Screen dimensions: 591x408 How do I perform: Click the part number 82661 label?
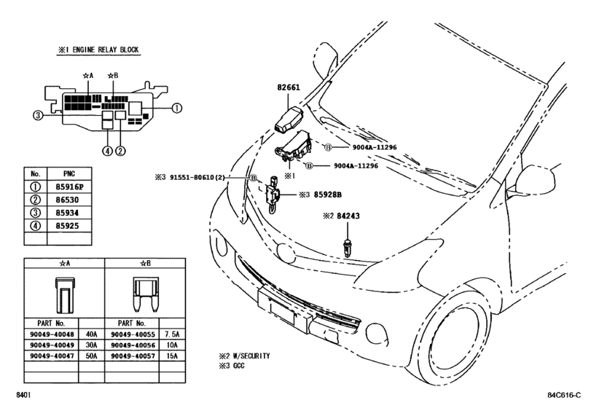tap(289, 87)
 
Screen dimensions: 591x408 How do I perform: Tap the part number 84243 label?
tap(348, 216)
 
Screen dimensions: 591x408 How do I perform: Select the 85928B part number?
tap(328, 195)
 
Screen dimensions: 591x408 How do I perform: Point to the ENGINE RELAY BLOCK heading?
tap(106, 50)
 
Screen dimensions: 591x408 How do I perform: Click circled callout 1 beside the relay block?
tap(177, 108)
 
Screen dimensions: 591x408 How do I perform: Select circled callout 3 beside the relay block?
tap(38, 115)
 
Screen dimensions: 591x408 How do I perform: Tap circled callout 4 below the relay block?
tap(107, 151)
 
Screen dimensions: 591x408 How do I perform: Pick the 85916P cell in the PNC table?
tap(69, 187)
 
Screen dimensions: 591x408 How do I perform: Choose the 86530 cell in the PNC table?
tap(67, 200)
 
